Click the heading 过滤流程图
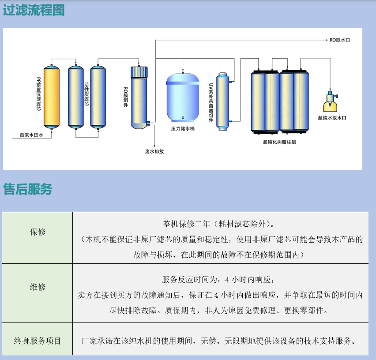coord(34,10)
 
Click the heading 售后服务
coord(27,189)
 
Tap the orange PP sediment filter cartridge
coord(51,97)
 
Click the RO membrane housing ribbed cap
coord(139,71)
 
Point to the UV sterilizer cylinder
coord(223,101)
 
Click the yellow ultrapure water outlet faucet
coord(331,101)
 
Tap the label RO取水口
coord(339,40)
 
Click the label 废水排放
coord(154,151)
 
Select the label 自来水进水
coord(31,135)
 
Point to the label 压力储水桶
coord(183,129)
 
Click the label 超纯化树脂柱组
coord(279,142)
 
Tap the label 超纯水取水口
coord(332,118)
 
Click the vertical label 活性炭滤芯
coord(86,94)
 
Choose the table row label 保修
coord(38,232)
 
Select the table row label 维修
coord(38,287)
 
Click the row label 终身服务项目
coord(38,341)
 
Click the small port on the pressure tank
coord(183,118)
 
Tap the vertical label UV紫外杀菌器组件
coord(211,103)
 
